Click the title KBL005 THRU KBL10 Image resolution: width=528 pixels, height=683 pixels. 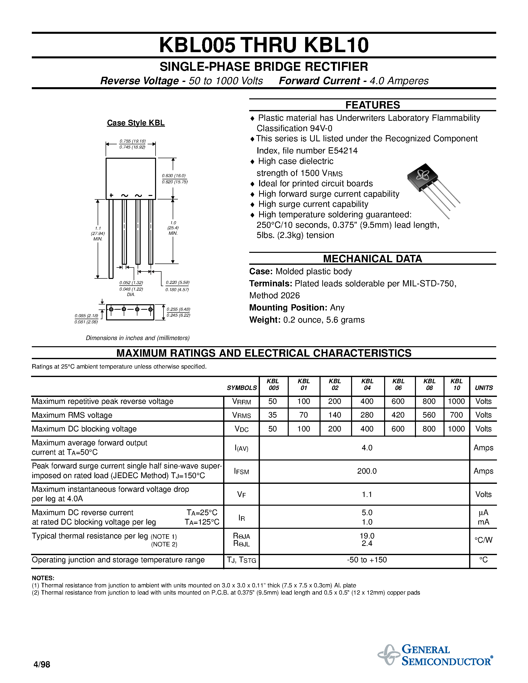click(264, 45)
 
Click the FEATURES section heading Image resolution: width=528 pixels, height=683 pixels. click(372, 105)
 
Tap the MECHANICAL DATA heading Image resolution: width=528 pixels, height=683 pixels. click(372, 259)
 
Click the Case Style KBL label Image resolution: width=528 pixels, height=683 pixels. click(136, 123)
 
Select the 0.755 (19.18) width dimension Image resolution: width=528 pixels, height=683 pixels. click(133, 141)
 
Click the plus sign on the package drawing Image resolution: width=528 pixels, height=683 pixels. click(111, 195)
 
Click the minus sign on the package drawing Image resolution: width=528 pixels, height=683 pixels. click(151, 195)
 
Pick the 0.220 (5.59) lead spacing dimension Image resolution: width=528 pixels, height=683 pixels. click(177, 282)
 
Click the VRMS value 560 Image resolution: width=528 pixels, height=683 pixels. click(429, 415)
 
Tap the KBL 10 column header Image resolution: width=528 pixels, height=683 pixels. click(456, 384)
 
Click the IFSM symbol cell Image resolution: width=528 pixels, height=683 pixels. click(242, 471)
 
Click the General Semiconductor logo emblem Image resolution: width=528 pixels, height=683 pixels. click(389, 655)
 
